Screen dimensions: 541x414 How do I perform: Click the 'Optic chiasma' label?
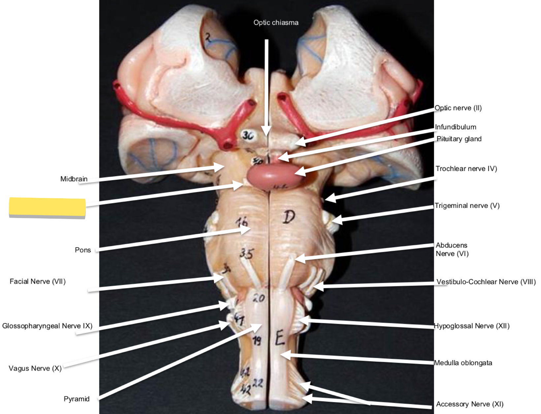[x=276, y=23]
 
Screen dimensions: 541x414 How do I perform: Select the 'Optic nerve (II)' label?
[x=458, y=108]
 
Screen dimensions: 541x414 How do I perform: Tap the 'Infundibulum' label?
[x=455, y=127]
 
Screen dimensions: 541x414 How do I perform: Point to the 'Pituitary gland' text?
[x=459, y=139]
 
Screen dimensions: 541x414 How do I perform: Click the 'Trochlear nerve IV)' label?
[x=466, y=169]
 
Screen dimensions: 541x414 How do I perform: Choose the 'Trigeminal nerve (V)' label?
[x=467, y=206]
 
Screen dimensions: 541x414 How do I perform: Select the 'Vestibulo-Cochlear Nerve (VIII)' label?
[x=486, y=282]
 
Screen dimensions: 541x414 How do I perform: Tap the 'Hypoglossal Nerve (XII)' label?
[x=471, y=326]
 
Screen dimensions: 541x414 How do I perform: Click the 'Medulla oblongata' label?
[x=463, y=363]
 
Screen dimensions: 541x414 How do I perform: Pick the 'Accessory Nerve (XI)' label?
[x=470, y=404]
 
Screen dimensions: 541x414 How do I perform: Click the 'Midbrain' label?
[x=74, y=179]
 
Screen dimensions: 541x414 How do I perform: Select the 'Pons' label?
[x=83, y=250]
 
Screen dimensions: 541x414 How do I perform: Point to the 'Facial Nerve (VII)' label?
[x=38, y=282]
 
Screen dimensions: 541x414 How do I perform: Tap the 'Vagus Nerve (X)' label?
[x=35, y=369]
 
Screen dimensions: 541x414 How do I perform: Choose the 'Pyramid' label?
[x=77, y=399]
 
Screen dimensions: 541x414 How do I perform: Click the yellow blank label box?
[x=47, y=207]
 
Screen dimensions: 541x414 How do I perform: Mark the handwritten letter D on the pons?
[x=289, y=217]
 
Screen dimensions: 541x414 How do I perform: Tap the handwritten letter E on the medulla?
[x=280, y=338]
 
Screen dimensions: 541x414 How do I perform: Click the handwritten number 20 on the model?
[x=259, y=298]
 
